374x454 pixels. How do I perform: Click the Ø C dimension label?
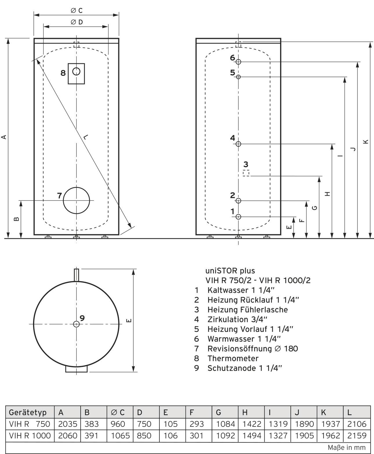77,10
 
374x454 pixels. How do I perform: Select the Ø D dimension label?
77,22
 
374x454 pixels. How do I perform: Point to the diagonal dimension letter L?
86,137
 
